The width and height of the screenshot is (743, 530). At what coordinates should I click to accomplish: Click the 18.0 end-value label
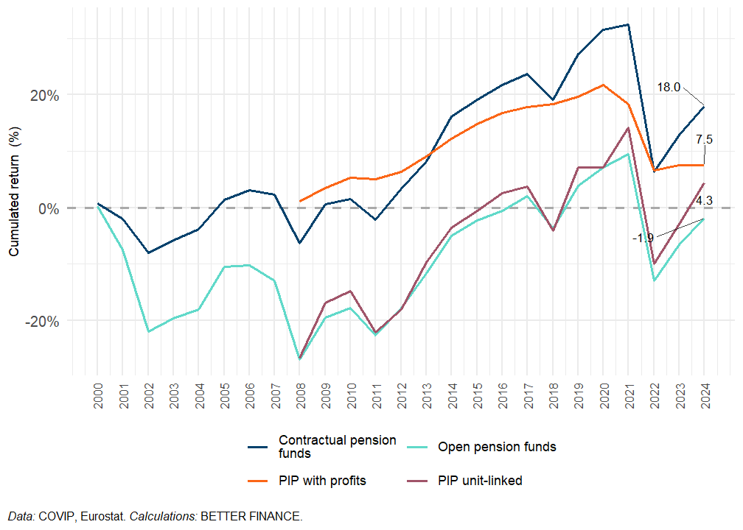(x=669, y=87)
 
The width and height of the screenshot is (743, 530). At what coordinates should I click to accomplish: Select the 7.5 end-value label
(x=704, y=139)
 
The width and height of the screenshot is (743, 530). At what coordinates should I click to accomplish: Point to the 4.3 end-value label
(x=704, y=200)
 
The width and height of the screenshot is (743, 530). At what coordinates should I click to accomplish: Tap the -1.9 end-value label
(x=643, y=238)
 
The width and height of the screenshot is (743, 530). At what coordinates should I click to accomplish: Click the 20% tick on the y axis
(x=43, y=95)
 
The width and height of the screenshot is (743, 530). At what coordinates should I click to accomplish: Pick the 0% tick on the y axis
(x=49, y=208)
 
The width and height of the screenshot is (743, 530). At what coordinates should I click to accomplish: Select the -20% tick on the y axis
(x=42, y=322)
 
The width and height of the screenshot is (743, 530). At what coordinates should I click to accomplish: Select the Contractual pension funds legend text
(x=337, y=447)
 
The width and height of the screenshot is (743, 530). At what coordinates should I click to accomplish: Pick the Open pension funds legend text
(x=497, y=447)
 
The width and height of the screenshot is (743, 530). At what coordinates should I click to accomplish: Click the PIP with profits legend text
(x=322, y=481)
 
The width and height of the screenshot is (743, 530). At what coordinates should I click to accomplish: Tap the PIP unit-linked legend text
(x=480, y=481)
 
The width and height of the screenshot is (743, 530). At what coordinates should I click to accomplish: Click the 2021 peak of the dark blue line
(x=628, y=25)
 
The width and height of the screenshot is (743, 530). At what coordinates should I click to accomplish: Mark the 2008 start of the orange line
(x=300, y=201)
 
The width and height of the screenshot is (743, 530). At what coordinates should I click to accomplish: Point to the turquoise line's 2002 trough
(x=149, y=332)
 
